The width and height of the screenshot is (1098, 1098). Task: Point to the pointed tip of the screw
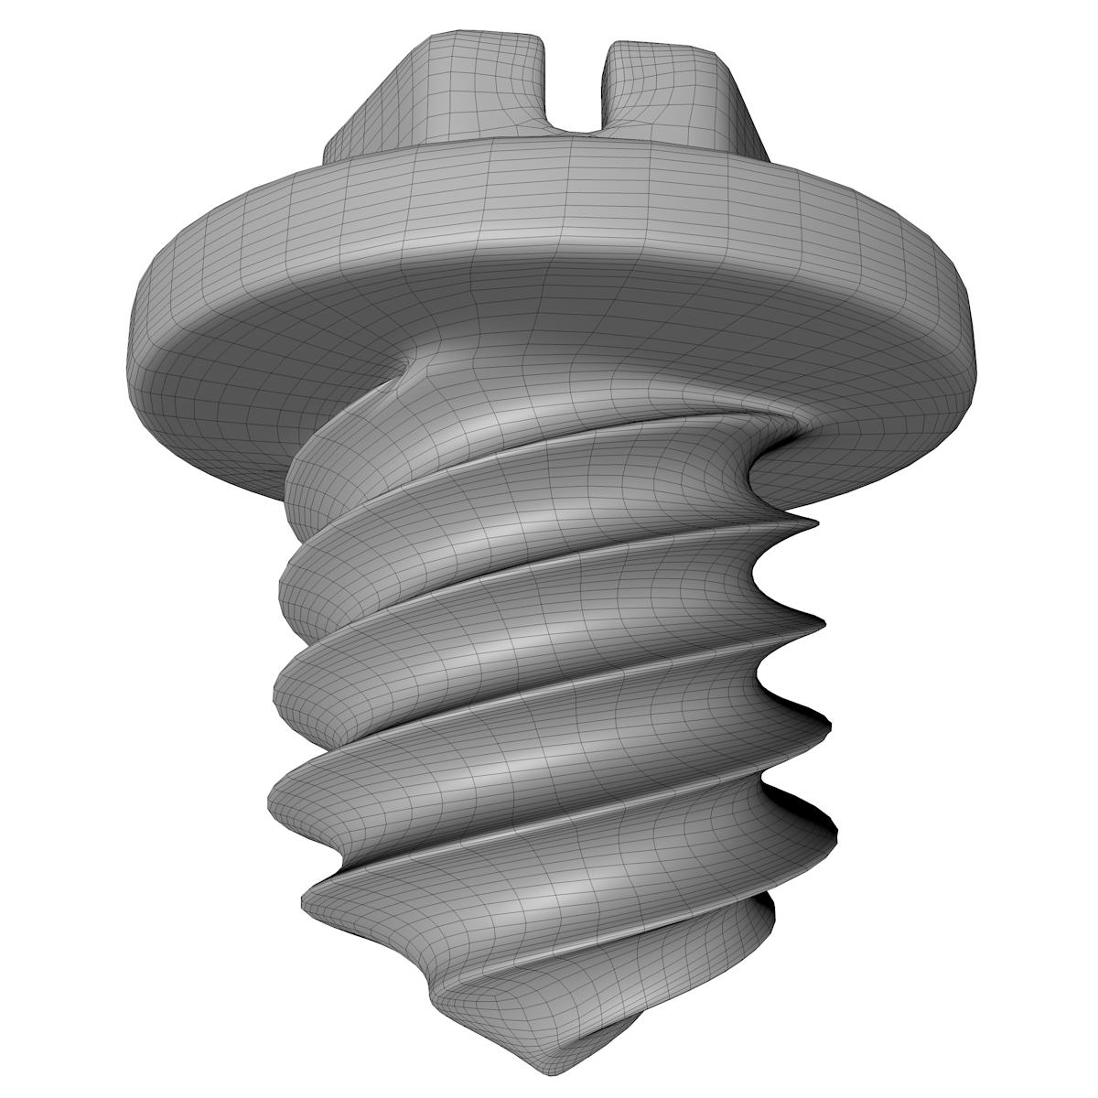(x=549, y=1071)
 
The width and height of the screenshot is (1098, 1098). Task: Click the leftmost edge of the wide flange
(x=128, y=357)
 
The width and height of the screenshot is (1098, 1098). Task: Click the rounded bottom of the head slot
(x=576, y=128)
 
